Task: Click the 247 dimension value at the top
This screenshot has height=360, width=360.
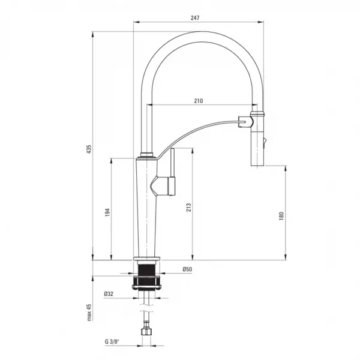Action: pos(195,17)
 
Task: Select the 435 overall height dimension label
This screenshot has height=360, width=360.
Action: pos(89,149)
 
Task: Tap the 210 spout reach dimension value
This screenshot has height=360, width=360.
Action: pos(199,101)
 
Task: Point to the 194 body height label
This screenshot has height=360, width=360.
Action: pos(107,212)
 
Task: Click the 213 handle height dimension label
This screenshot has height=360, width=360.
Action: pos(188,208)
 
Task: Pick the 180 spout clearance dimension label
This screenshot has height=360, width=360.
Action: pos(281,216)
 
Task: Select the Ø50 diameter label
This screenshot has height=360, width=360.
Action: pos(187,269)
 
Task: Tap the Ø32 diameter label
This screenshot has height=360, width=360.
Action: pos(109,293)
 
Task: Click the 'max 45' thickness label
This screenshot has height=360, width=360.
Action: pos(89,312)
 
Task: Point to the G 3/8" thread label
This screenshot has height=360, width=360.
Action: pos(112,341)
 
